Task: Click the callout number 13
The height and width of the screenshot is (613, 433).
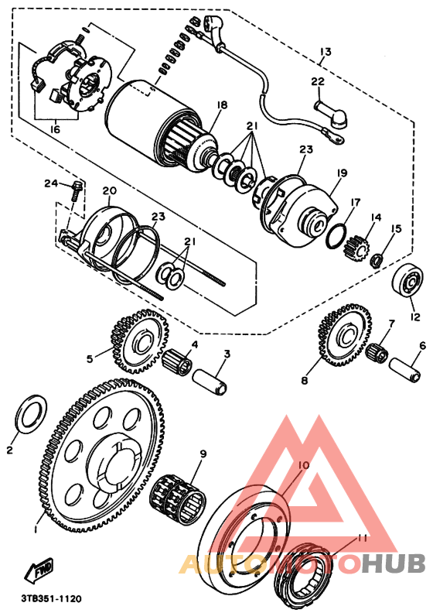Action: tap(325, 52)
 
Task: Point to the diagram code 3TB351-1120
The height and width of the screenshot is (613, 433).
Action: tap(51, 598)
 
